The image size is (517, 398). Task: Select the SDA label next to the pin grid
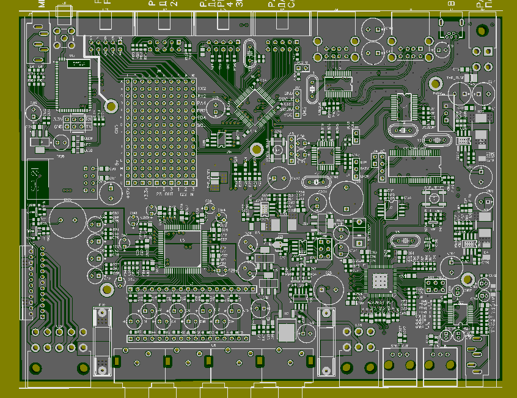[x=202, y=118]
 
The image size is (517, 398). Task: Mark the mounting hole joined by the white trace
[x=111, y=105]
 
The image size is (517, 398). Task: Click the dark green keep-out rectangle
[x=37, y=178]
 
